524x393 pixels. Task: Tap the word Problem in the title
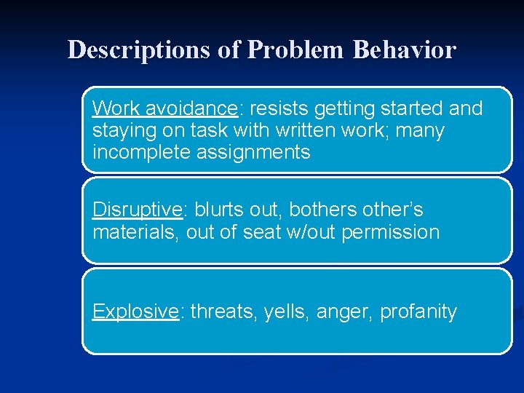coord(295,50)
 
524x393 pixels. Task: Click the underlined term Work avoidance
coord(164,108)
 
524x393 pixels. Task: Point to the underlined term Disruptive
coord(137,210)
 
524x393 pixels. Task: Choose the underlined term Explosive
coord(135,311)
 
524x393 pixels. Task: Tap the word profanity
coord(418,311)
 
